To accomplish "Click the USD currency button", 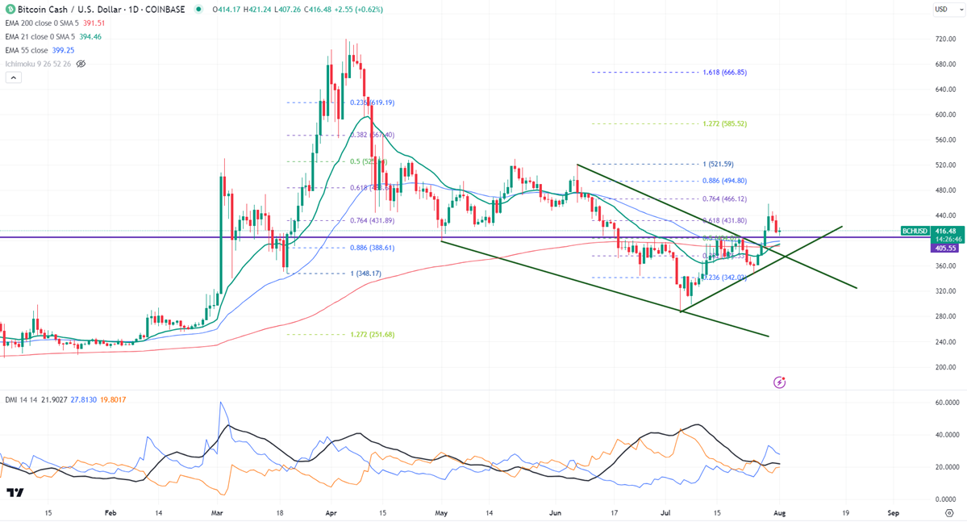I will tap(941, 9).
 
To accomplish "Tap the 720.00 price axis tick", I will tap(945, 39).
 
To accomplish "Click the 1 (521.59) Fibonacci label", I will tap(717, 165).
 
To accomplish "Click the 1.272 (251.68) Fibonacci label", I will tap(372, 334).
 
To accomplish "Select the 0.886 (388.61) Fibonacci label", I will tap(372, 248).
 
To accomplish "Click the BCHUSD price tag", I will tap(915, 231).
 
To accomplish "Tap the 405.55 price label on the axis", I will tap(945, 248).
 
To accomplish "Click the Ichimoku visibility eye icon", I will tap(81, 64).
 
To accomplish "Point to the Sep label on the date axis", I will tap(893, 512).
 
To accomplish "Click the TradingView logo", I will tap(15, 493).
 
